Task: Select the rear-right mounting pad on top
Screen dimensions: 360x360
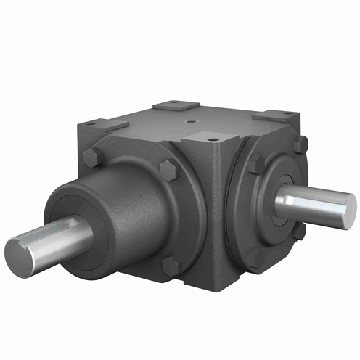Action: tap(273, 115)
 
